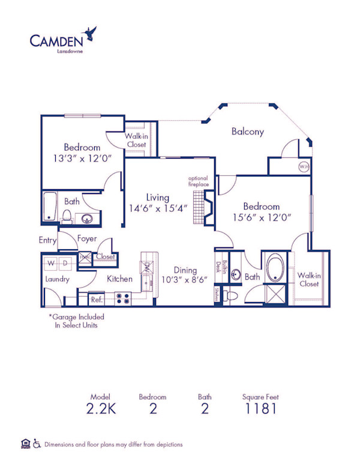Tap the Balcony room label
pyautogui.click(x=247, y=132)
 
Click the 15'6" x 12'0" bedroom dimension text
pyautogui.click(x=262, y=219)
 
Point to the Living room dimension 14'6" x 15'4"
pyautogui.click(x=158, y=208)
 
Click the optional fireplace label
pyautogui.click(x=199, y=182)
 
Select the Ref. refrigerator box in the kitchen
pyautogui.click(x=96, y=298)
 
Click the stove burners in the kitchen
pyautogui.click(x=123, y=298)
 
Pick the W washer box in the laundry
pyautogui.click(x=50, y=263)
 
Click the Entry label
pyautogui.click(x=48, y=240)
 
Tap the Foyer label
pyautogui.click(x=87, y=238)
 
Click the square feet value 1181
pyautogui.click(x=260, y=410)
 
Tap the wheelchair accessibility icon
pyautogui.click(x=37, y=444)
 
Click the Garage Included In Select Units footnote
pyautogui.click(x=76, y=321)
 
